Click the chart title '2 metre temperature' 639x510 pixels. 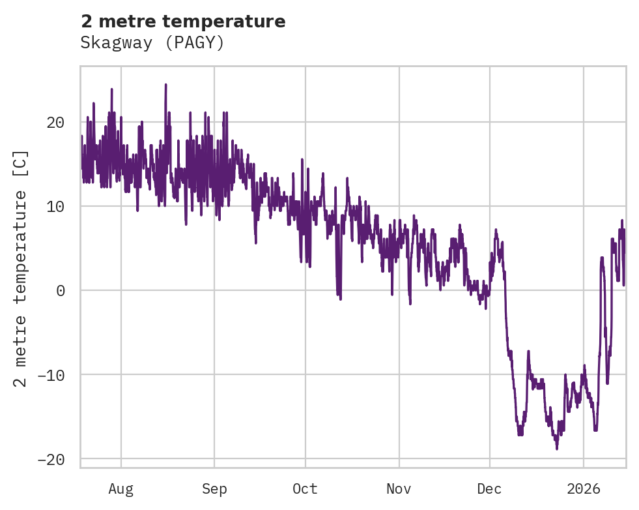(183, 22)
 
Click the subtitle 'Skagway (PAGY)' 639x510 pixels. (152, 43)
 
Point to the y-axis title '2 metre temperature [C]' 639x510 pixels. (21, 269)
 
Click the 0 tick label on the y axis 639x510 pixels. (61, 291)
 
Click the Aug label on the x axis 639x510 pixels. (121, 488)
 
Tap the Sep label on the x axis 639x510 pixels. (214, 488)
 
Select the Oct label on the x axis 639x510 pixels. (305, 488)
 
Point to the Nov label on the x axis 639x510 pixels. (399, 488)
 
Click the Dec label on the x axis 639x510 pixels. (489, 488)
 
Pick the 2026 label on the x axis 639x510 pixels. (584, 488)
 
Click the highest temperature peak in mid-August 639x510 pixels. (165, 85)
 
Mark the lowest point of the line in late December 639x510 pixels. (557, 449)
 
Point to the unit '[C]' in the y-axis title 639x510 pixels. (21, 164)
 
